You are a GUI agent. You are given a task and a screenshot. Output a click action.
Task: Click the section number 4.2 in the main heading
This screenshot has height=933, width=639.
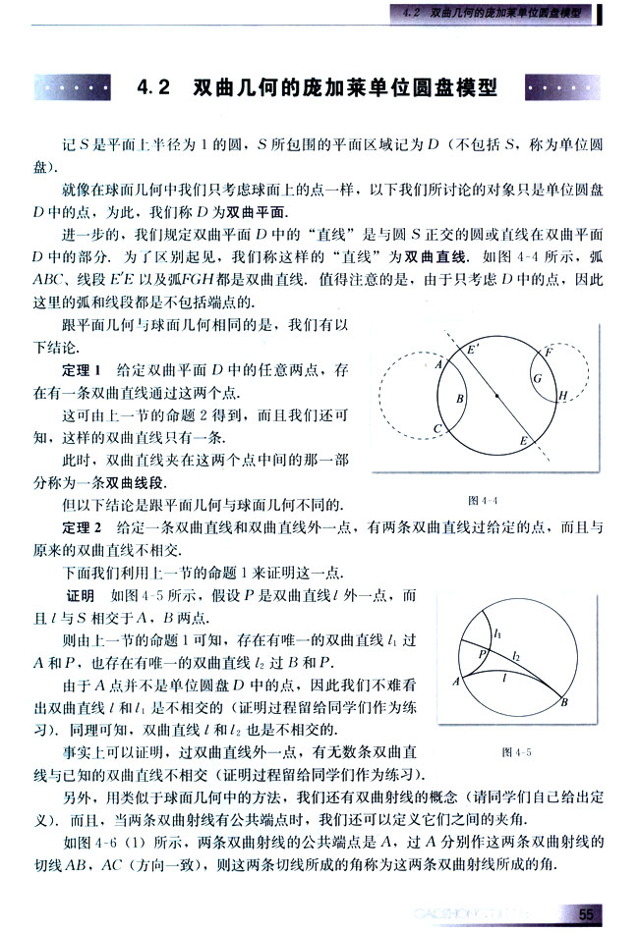(x=155, y=88)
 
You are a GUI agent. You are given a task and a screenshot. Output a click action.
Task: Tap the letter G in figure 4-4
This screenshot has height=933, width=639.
(x=538, y=378)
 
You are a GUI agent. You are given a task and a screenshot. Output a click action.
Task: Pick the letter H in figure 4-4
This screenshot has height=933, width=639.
(x=563, y=396)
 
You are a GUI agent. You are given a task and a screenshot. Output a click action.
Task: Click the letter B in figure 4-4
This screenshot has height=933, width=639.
(x=459, y=399)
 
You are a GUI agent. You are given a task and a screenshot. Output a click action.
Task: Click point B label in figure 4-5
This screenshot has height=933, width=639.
(x=564, y=701)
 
